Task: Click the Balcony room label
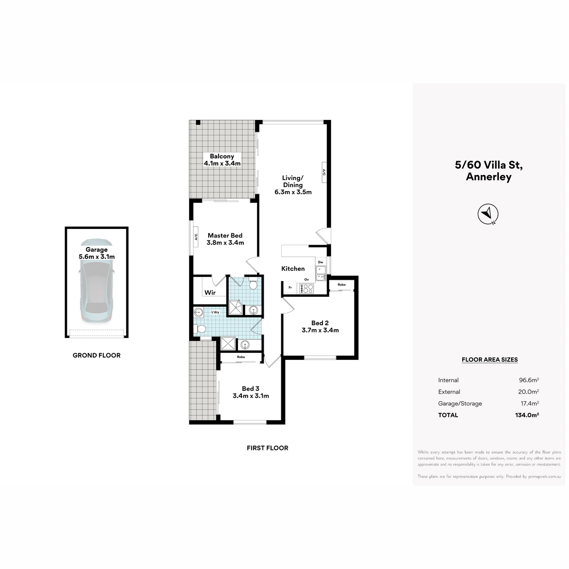click(x=222, y=156)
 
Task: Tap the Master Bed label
click(x=225, y=235)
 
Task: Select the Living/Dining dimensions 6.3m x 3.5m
click(x=293, y=192)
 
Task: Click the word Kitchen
click(x=293, y=268)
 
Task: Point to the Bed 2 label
click(x=320, y=323)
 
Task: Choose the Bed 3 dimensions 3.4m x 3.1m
click(x=251, y=395)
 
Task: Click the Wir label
click(x=210, y=293)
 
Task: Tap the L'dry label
click(x=215, y=312)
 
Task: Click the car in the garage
click(x=96, y=281)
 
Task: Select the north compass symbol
click(x=488, y=213)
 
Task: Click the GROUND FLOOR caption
click(x=97, y=355)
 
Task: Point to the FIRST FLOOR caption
click(x=267, y=448)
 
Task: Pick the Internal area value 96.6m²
click(x=529, y=380)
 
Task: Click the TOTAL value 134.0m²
click(x=527, y=415)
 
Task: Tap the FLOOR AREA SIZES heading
click(x=489, y=359)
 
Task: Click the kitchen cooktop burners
click(x=306, y=288)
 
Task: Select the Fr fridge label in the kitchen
click(x=290, y=287)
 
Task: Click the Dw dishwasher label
click(x=321, y=262)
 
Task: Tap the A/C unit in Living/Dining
click(x=324, y=172)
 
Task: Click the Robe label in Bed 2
click(x=341, y=284)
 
